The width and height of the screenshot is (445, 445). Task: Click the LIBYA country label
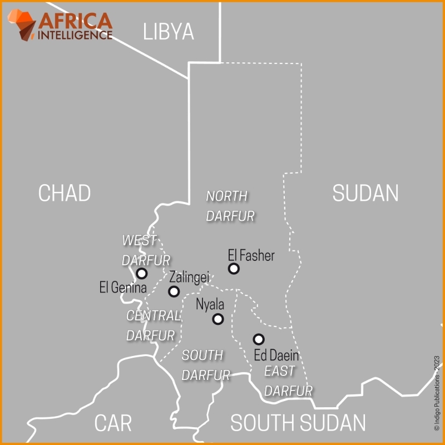(x=169, y=32)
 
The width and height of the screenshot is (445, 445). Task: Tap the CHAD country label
(x=64, y=193)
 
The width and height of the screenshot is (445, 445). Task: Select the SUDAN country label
(x=365, y=193)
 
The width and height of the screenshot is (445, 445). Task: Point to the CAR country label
(x=112, y=423)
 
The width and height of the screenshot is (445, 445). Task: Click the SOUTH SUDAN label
(x=298, y=423)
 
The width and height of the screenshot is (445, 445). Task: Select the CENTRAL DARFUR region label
(x=152, y=325)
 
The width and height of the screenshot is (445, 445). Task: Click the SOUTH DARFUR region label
(x=205, y=365)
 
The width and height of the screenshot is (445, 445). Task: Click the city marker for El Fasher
(x=234, y=269)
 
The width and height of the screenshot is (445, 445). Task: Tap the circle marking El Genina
(x=142, y=273)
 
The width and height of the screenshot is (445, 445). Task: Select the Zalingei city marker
(x=174, y=291)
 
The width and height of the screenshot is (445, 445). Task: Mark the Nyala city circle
(x=218, y=319)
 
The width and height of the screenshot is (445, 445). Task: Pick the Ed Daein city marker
(x=259, y=339)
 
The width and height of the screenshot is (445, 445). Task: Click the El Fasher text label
(x=251, y=255)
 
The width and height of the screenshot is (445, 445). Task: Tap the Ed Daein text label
(x=276, y=355)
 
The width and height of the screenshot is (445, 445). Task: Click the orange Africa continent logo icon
(x=22, y=25)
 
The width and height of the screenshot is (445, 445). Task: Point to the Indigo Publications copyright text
(x=437, y=393)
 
